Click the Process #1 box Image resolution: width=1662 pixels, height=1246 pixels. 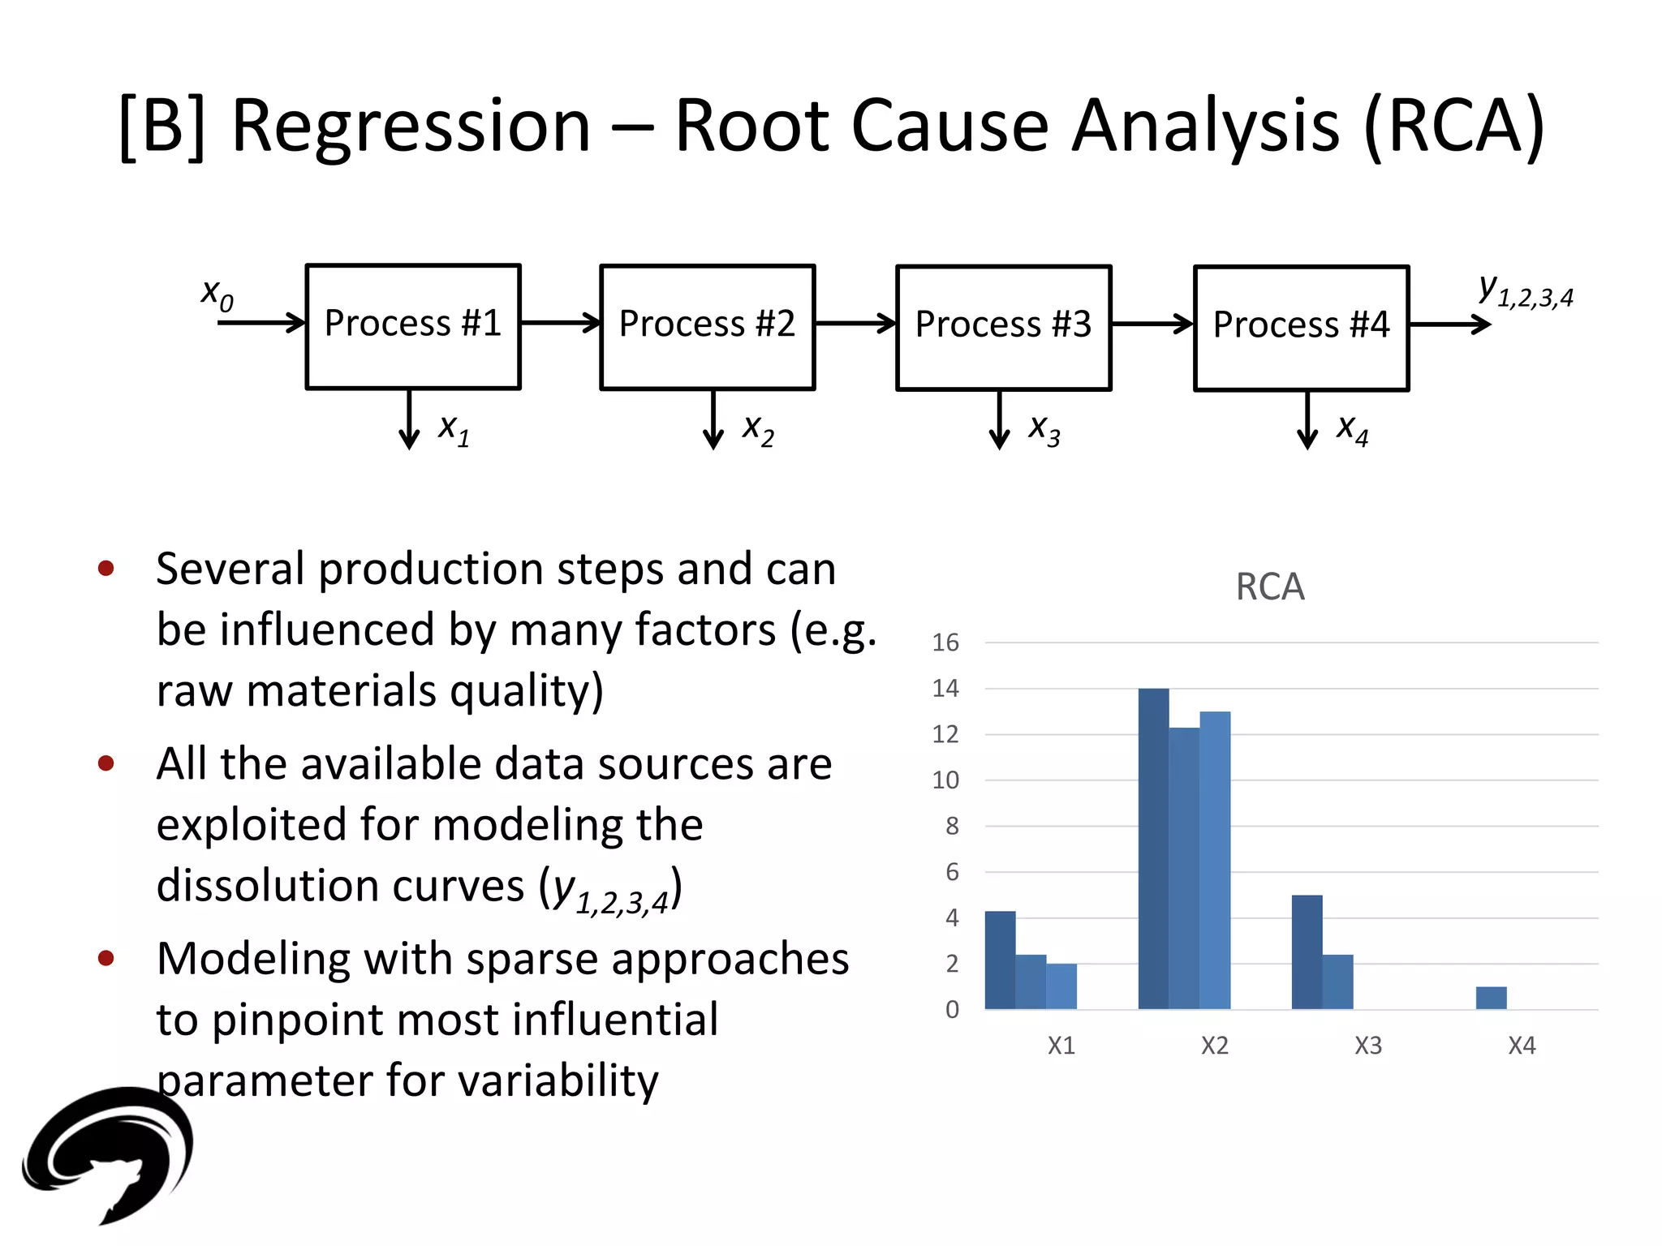point(413,326)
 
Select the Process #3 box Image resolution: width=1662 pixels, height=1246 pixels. point(1003,327)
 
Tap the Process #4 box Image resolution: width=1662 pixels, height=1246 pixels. point(1301,328)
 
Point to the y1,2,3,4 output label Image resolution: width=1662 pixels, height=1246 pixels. point(1525,292)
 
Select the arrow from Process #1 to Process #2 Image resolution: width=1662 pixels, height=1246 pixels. point(560,323)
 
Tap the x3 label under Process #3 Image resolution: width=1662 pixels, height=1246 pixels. point(1044,429)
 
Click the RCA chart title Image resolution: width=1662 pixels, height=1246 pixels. point(1270,586)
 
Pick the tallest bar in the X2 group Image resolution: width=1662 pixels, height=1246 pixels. point(1153,849)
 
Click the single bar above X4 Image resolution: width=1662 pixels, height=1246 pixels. point(1491,998)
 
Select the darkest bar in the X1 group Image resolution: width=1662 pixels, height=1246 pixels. point(1000,960)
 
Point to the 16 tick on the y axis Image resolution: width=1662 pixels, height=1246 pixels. point(945,642)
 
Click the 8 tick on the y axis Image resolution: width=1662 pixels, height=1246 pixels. point(952,826)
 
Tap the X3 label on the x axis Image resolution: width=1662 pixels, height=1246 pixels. point(1368,1046)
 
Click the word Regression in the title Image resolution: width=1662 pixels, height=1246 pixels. point(411,126)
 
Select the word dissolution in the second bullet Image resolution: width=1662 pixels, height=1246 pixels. point(340,885)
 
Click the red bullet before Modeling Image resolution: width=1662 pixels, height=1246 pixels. point(105,958)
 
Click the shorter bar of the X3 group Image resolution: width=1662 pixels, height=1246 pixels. point(1337,982)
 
